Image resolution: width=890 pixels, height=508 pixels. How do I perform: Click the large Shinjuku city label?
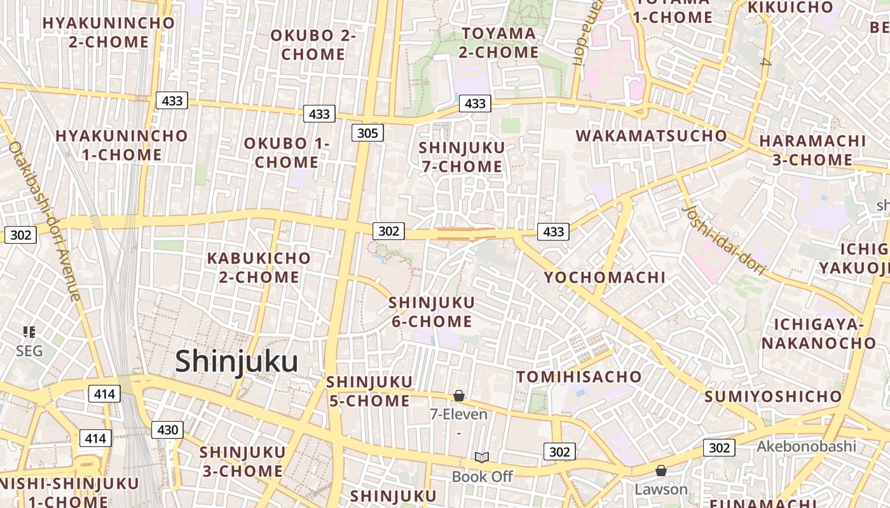tap(236, 361)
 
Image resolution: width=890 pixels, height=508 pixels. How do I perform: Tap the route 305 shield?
tap(367, 133)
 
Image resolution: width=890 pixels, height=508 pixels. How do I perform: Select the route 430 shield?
tap(167, 430)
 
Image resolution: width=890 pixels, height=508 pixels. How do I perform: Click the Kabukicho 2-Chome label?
tap(259, 267)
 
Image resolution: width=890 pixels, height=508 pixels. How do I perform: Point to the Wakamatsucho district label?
tap(651, 135)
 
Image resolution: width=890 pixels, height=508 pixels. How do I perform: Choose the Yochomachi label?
tap(605, 277)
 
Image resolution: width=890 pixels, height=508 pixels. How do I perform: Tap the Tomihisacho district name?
tap(579, 377)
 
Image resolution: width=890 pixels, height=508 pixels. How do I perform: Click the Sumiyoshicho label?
tap(773, 397)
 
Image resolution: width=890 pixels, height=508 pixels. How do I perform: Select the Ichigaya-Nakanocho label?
tap(819, 334)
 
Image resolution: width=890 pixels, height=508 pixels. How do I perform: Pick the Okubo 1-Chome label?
tap(287, 152)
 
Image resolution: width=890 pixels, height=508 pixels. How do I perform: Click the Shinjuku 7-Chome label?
tap(462, 157)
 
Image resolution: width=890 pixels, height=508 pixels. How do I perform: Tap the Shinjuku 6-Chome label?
tap(432, 312)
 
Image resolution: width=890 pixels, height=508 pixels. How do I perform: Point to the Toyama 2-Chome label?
tap(499, 42)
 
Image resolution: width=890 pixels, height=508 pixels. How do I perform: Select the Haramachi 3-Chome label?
tap(812, 150)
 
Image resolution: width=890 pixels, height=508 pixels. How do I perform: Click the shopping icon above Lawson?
tap(661, 471)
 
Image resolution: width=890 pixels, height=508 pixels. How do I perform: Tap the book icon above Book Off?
tap(482, 457)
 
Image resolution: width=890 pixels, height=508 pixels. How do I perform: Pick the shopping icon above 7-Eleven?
tap(459, 396)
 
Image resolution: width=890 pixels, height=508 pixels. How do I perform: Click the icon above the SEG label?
tap(29, 331)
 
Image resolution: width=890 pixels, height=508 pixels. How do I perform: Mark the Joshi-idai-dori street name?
tap(723, 240)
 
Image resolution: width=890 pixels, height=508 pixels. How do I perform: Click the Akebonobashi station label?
tap(806, 446)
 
